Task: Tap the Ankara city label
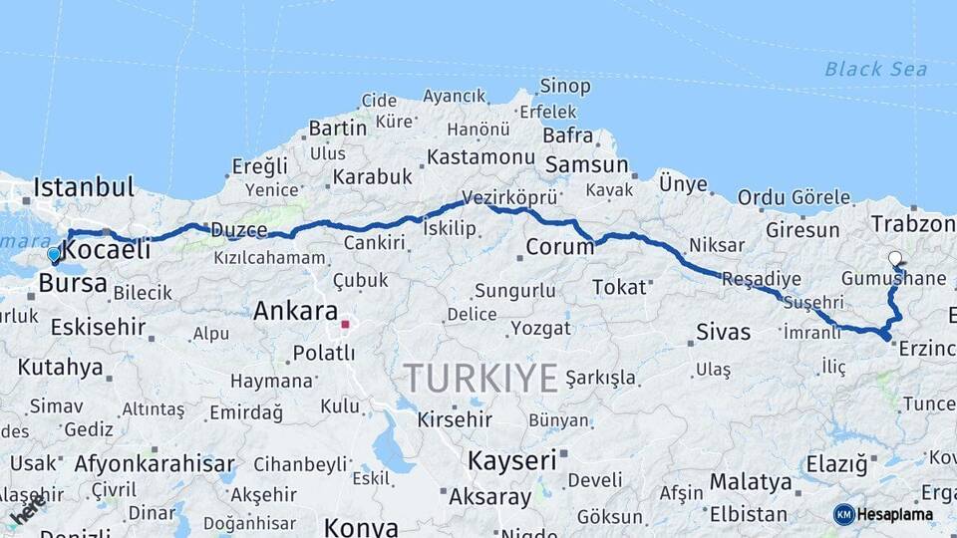295,310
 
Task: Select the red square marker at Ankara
345,324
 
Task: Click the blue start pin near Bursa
54,255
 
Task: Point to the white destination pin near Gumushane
895,259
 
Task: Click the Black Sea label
875,69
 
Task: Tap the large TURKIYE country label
480,378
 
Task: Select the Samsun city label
586,165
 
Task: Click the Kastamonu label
481,157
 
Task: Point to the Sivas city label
724,332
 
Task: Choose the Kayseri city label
511,460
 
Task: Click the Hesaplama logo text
895,514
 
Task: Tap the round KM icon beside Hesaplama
843,514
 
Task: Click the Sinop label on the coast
565,87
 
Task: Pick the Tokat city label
619,287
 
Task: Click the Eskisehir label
98,327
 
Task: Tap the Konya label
361,527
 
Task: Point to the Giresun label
802,230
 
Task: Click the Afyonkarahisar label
155,464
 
